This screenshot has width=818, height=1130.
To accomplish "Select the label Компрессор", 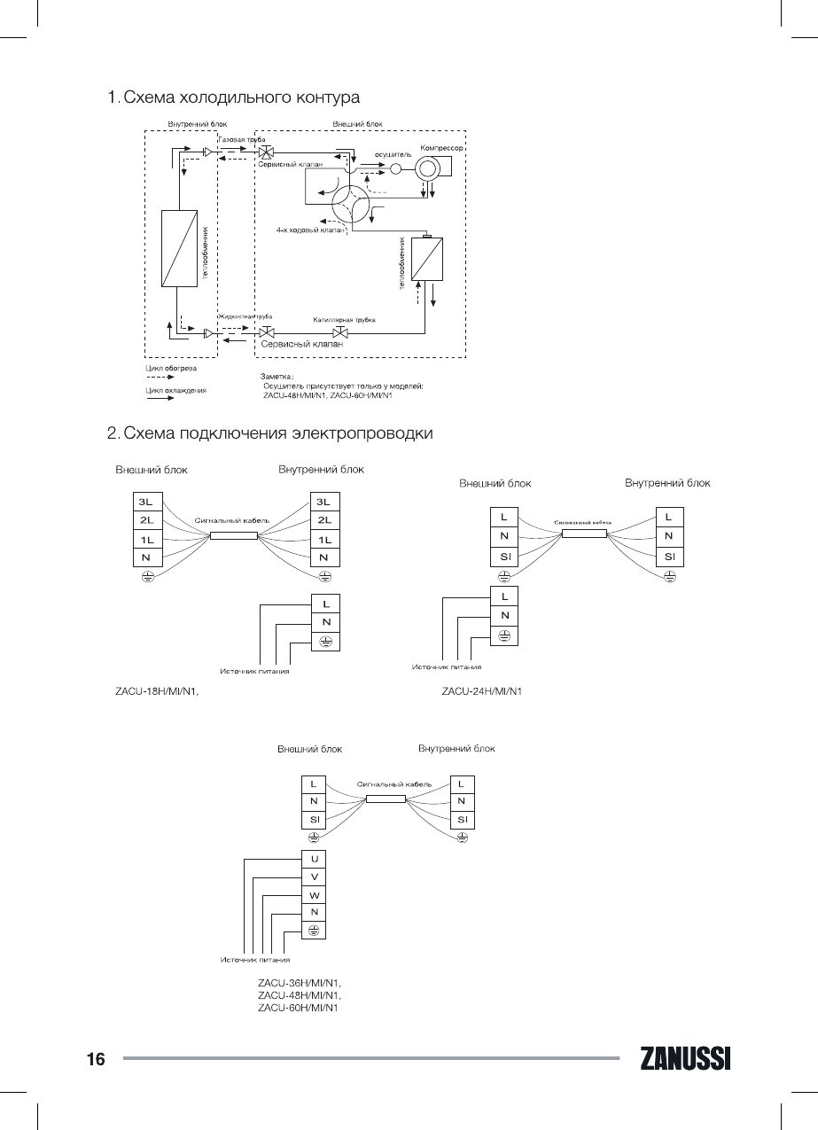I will point(442,146).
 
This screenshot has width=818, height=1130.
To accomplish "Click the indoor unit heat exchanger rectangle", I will point(179,248).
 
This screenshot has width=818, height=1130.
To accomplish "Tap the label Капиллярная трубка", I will point(345,319).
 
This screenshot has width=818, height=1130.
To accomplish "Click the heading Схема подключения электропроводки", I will point(277,433).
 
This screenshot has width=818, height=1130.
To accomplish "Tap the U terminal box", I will point(314,859).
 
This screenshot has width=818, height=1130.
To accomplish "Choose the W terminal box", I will point(314,894).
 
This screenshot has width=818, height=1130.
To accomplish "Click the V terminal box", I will point(314,877).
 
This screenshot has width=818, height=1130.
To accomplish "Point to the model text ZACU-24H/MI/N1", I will point(481,691).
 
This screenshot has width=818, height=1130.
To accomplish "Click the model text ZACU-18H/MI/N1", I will point(156,691).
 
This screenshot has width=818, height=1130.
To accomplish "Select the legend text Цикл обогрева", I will point(171,367).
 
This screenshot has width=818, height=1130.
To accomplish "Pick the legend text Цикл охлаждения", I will point(175,390).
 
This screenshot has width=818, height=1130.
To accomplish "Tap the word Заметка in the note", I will point(277,378).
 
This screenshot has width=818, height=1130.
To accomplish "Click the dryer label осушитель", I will point(393,154).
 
